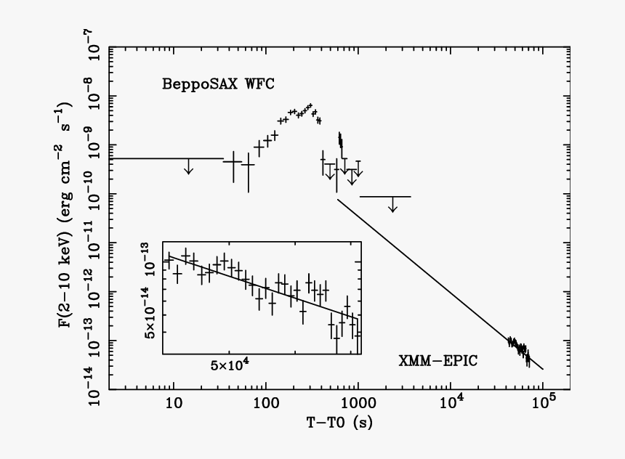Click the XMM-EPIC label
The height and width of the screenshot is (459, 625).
click(x=437, y=360)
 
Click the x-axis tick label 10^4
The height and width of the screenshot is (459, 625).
click(x=451, y=400)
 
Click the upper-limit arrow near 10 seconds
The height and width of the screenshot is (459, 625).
click(x=189, y=168)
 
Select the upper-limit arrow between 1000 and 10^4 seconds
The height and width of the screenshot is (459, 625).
click(x=392, y=206)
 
